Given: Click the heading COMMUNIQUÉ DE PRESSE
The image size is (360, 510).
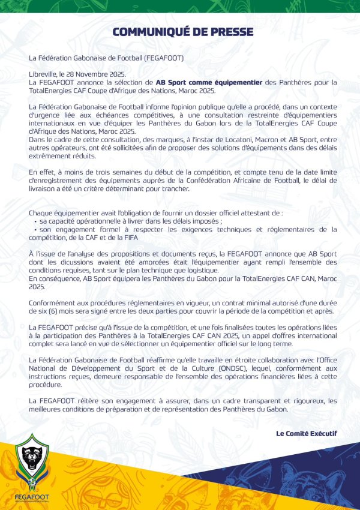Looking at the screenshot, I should (x=182, y=32).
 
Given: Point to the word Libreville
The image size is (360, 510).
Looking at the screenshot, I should (x=45, y=73).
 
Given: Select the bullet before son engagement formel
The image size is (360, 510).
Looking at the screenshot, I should (x=35, y=230).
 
